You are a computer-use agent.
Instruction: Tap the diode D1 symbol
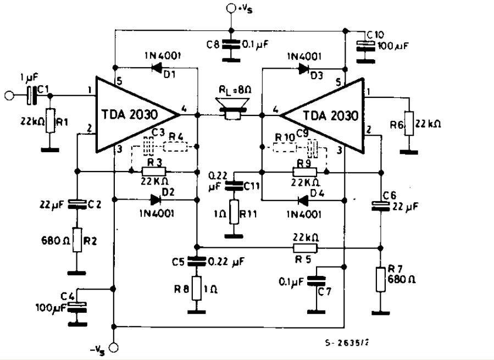(157, 67)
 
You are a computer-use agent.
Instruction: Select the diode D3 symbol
(303, 68)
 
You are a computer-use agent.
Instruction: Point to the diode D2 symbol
(156, 199)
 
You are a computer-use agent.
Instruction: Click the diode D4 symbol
(303, 200)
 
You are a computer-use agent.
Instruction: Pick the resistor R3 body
(154, 171)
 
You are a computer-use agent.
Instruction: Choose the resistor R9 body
(304, 172)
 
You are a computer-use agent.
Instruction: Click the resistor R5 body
(306, 248)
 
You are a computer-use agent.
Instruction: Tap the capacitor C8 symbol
(231, 44)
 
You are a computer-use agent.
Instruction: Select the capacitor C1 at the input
(31, 95)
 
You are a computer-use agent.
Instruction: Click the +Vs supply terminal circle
(231, 8)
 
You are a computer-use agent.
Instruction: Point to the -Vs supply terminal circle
(113, 348)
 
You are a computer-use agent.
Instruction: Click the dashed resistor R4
(175, 147)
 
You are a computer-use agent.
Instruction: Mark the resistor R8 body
(197, 288)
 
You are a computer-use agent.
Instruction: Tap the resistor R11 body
(234, 212)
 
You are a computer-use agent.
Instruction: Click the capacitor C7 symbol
(316, 280)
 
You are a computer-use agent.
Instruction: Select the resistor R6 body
(409, 123)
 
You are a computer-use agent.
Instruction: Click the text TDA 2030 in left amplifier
(130, 114)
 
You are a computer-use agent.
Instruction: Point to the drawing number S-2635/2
(346, 342)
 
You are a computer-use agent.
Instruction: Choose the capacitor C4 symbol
(77, 307)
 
